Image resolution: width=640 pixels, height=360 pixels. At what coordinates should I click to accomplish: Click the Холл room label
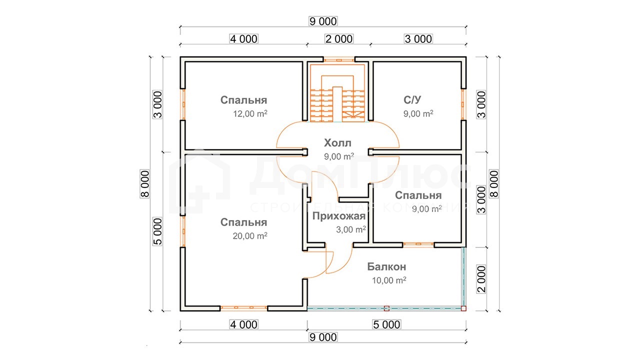click(337, 143)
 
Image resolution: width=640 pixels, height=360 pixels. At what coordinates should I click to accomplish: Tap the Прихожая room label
click(339, 216)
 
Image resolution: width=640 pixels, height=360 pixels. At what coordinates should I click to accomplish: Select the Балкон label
click(386, 266)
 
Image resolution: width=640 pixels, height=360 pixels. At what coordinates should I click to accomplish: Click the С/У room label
click(412, 99)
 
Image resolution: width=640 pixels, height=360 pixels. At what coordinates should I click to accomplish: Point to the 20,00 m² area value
click(250, 236)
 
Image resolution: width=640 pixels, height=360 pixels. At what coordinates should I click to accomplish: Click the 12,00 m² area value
click(250, 113)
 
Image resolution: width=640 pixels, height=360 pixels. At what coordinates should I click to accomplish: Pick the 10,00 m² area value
click(389, 280)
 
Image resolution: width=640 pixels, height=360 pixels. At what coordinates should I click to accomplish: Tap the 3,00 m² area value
click(351, 229)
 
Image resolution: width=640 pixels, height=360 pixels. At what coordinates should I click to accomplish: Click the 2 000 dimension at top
click(339, 39)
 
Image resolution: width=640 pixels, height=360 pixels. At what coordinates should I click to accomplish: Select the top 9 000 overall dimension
click(323, 21)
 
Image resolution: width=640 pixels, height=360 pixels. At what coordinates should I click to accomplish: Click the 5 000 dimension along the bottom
click(387, 324)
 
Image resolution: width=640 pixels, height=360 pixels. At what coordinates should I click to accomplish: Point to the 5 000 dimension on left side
click(157, 231)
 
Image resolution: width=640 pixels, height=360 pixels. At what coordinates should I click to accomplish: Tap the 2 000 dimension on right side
click(481, 279)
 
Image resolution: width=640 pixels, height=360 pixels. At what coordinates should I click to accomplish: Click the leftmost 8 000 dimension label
click(145, 183)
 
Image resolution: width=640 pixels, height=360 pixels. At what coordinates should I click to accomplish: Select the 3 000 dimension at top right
click(418, 39)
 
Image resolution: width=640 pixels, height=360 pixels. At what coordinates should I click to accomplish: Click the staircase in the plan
click(337, 93)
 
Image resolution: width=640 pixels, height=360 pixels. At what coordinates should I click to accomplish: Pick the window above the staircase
click(339, 60)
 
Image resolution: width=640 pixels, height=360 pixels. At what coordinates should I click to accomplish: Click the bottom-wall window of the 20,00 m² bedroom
click(243, 307)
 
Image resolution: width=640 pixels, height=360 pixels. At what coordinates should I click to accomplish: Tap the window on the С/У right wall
click(463, 104)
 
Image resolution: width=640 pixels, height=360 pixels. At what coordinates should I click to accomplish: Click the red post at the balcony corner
click(463, 308)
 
